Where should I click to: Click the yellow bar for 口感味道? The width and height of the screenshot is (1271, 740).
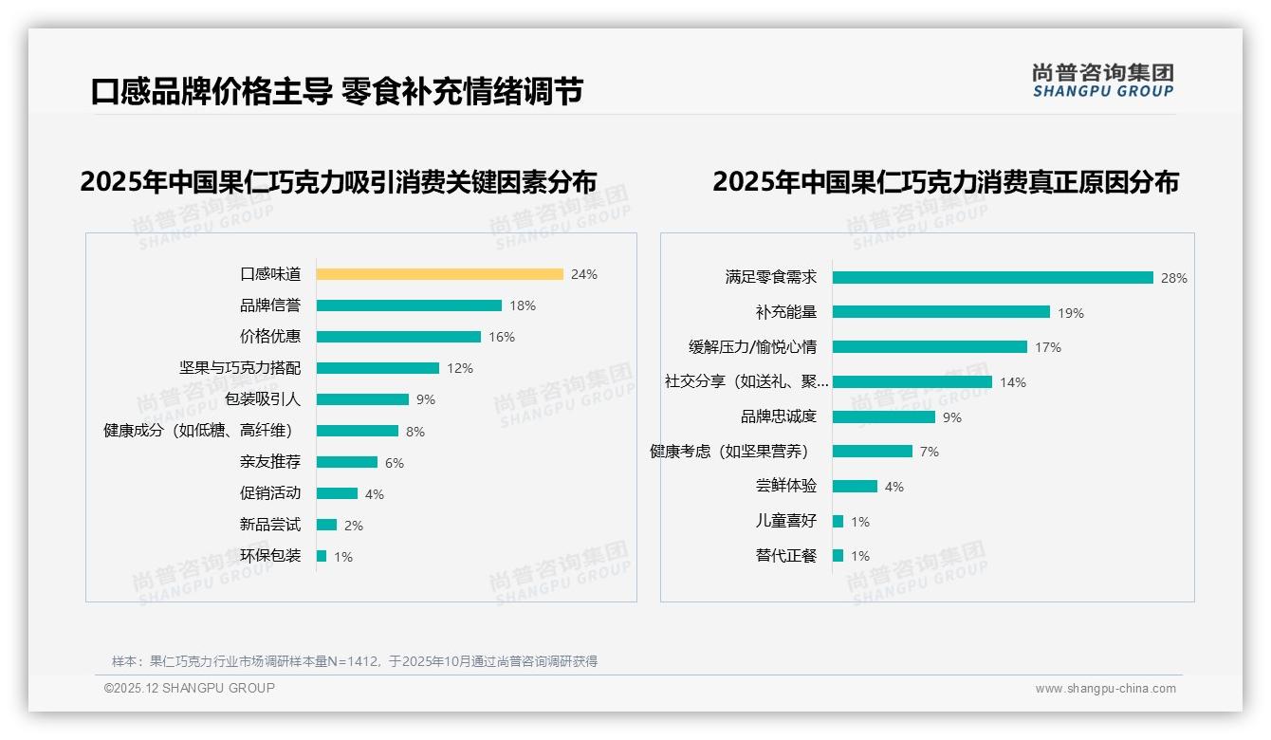tap(439, 274)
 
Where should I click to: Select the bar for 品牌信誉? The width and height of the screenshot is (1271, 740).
tap(409, 305)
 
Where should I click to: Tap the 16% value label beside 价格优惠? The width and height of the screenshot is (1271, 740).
tap(501, 337)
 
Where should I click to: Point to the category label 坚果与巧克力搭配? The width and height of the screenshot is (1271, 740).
tap(240, 367)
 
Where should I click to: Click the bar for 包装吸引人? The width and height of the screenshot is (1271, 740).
tap(362, 399)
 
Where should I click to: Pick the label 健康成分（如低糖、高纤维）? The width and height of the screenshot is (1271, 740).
tap(201, 431)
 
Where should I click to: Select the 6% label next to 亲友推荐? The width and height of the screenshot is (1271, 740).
tap(394, 463)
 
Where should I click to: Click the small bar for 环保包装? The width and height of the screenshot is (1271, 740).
tap(322, 556)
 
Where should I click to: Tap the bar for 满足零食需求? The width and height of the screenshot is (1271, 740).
tap(992, 278)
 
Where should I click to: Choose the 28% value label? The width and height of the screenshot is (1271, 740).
tap(1173, 278)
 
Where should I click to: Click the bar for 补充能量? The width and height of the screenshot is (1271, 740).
tap(941, 312)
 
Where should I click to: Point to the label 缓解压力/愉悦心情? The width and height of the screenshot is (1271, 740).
tap(752, 347)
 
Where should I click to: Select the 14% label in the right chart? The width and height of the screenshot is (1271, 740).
tap(1012, 382)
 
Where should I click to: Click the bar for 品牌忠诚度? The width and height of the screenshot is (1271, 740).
tap(884, 416)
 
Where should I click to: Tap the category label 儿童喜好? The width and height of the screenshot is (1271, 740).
tap(785, 521)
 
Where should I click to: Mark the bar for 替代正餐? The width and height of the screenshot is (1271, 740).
tap(838, 556)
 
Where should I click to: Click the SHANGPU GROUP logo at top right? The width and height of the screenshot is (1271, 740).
tap(1103, 81)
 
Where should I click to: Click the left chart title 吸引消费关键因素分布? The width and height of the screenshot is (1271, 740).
tap(339, 182)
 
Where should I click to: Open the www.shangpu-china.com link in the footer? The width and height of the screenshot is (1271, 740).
tap(1105, 689)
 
